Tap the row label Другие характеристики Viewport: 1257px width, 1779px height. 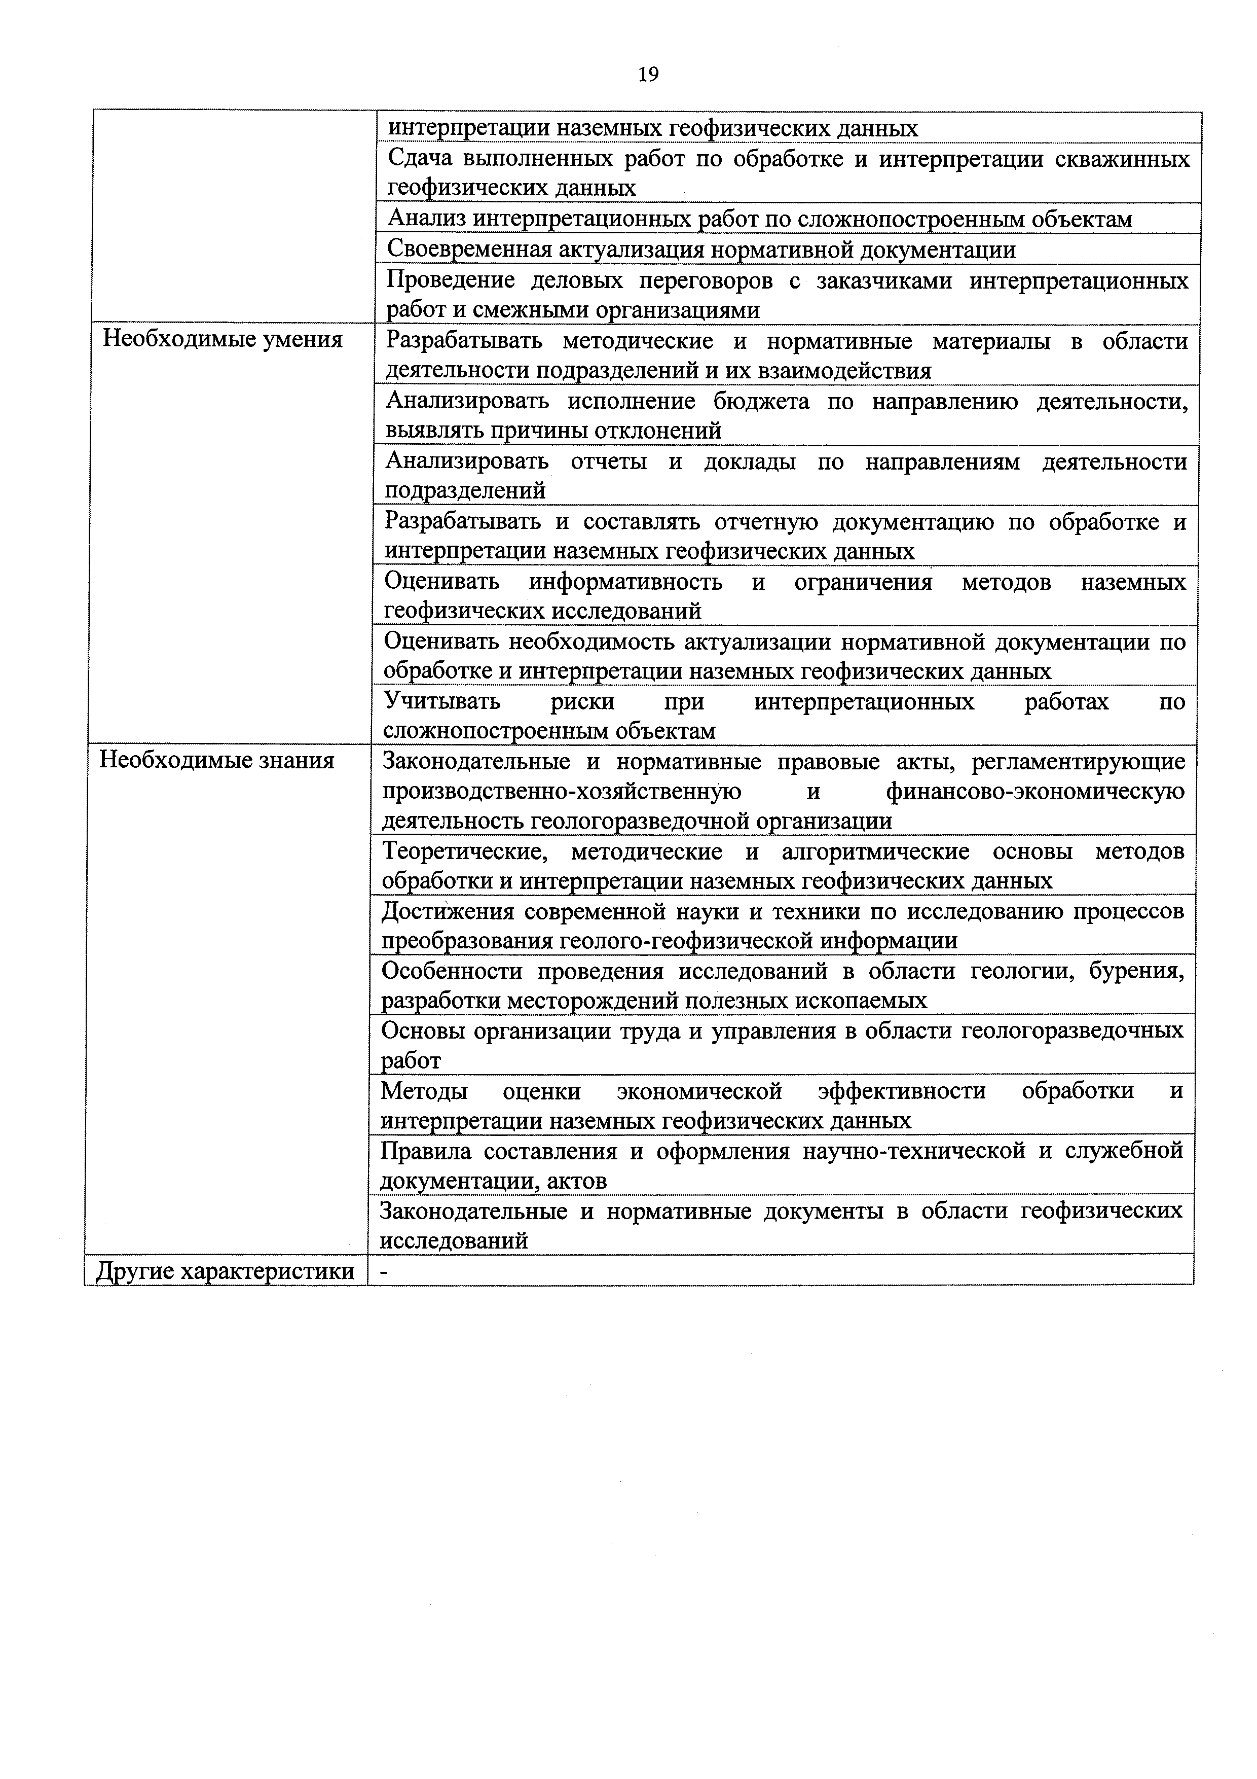(x=225, y=1271)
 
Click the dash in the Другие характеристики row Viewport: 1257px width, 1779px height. (x=384, y=1271)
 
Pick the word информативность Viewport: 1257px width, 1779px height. (x=626, y=581)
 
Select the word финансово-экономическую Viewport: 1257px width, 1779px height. (x=1034, y=791)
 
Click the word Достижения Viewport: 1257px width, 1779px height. (x=447, y=911)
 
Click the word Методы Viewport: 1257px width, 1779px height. (x=424, y=1091)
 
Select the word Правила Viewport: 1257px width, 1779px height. (x=425, y=1151)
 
